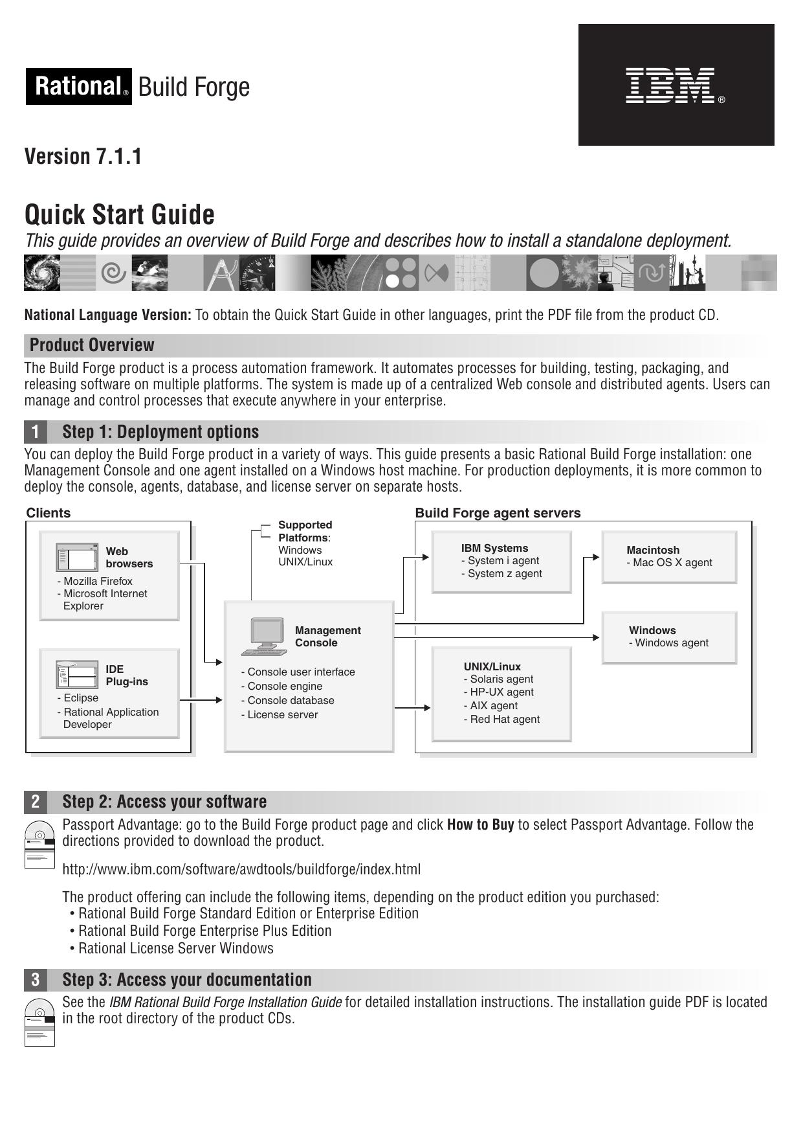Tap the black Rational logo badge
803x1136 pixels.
click(79, 86)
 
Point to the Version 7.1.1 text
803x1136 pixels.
click(83, 157)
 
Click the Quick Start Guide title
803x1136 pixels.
click(120, 214)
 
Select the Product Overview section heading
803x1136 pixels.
click(92, 345)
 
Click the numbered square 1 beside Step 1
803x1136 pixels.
click(36, 432)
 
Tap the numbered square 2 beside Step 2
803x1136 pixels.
click(36, 802)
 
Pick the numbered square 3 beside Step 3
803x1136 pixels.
click(36, 980)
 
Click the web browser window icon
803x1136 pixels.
click(77, 558)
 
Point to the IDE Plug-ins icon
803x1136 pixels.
click(77, 675)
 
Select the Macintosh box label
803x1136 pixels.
click(653, 550)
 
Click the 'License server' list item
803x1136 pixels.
click(283, 714)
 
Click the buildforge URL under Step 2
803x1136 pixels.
click(241, 869)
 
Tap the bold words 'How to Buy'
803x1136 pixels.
click(480, 824)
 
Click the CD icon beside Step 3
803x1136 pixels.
click(39, 1022)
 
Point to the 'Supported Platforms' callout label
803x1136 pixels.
click(305, 531)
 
